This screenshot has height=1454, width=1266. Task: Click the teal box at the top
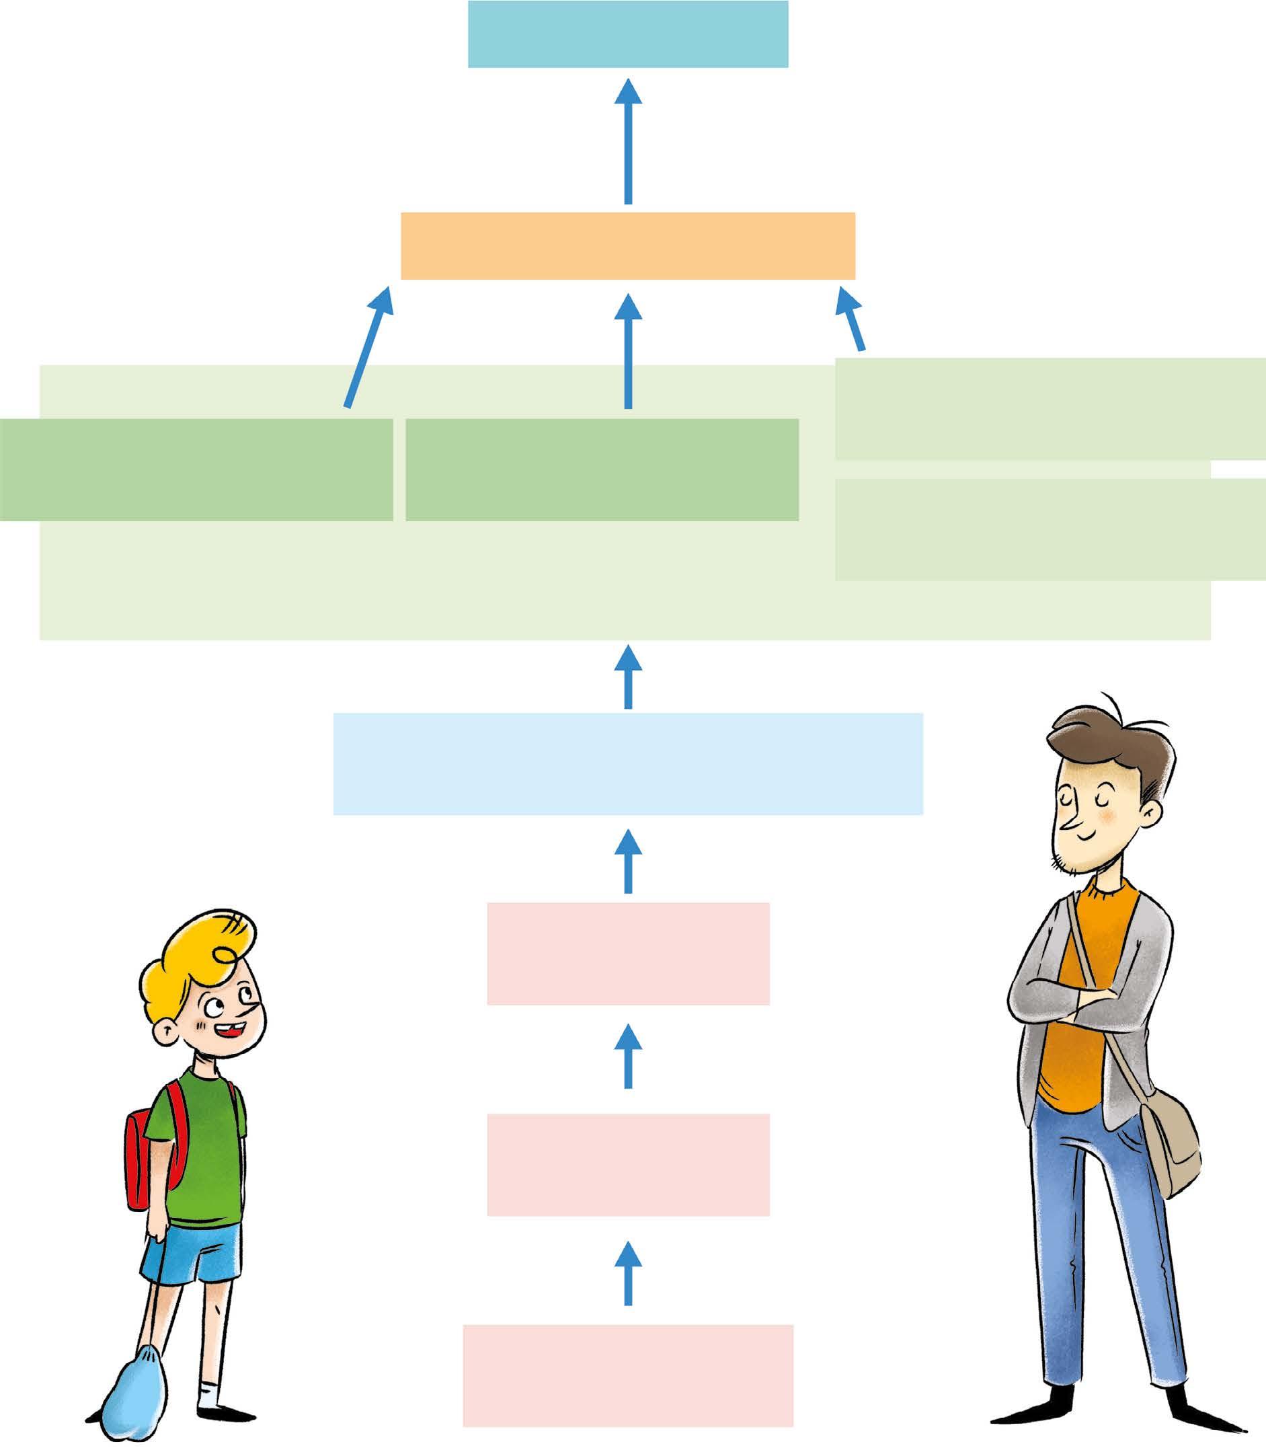[627, 34]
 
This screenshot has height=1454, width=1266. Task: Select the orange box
[627, 245]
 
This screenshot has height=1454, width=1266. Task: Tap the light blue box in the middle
[627, 764]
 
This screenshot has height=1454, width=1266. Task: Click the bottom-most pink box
[627, 1375]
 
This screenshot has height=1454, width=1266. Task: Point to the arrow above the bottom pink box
[627, 1272]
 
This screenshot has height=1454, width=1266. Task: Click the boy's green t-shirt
[201, 1145]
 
